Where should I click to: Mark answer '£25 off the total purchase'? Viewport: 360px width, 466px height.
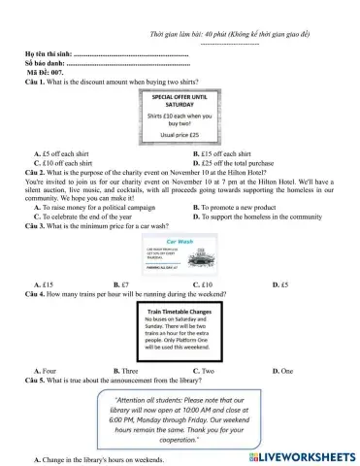(x=246, y=162)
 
